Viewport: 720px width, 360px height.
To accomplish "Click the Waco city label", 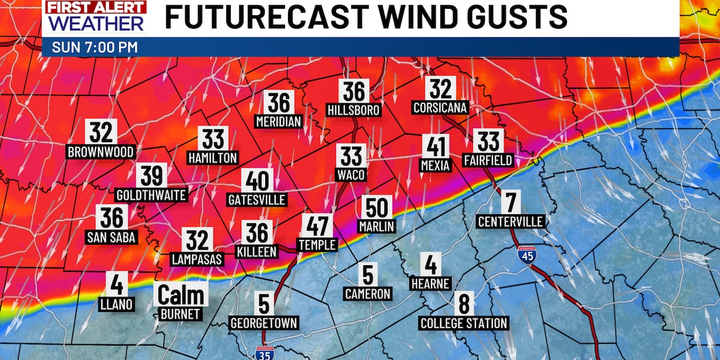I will (x=352, y=174).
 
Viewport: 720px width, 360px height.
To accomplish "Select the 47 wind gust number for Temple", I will (x=317, y=226).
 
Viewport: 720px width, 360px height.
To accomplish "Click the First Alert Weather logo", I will (x=95, y=17).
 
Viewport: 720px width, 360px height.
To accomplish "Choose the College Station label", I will (x=464, y=323).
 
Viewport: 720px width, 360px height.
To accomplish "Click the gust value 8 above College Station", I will (x=464, y=304).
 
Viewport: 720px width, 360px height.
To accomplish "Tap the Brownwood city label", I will (x=100, y=152).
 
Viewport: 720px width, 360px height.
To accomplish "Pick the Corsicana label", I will (x=440, y=109).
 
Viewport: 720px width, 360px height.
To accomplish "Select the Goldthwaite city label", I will (x=151, y=195).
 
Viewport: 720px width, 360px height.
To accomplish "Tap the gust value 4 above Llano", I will (x=116, y=284).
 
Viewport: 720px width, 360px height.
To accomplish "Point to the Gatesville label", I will (x=257, y=200).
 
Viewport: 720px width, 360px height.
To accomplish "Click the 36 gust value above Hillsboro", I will (x=354, y=91).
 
